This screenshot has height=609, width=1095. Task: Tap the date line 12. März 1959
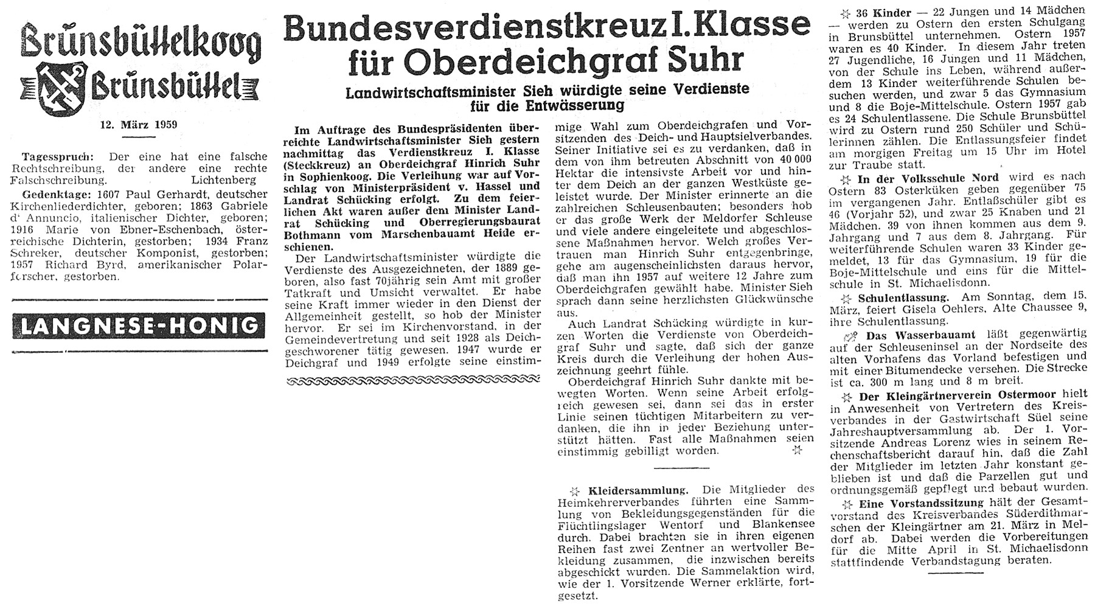[x=138, y=126]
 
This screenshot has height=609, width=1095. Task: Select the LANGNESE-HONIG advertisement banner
[x=138, y=327]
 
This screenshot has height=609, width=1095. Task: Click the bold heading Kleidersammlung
[x=639, y=490]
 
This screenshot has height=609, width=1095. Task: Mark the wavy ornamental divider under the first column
[x=412, y=381]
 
